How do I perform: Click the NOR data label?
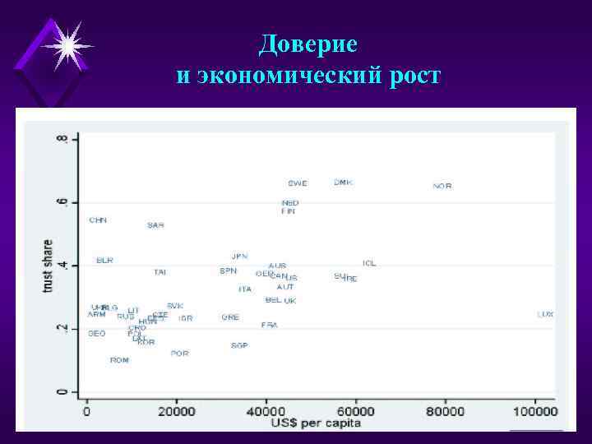(x=442, y=187)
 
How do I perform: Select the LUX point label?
(x=546, y=314)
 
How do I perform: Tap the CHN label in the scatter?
(x=98, y=220)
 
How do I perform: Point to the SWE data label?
(x=298, y=183)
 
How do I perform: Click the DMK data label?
(x=343, y=183)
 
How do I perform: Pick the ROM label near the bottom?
(x=119, y=360)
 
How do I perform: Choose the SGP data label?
(x=239, y=345)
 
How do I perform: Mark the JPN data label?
(x=239, y=257)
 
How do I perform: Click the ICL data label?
(x=369, y=263)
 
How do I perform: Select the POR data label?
(x=179, y=354)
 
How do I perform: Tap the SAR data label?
(x=155, y=225)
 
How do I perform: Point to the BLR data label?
(x=104, y=261)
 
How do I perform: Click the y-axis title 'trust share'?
(x=48, y=265)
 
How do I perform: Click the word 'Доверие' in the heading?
(x=308, y=44)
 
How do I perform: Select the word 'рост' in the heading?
(x=416, y=77)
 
